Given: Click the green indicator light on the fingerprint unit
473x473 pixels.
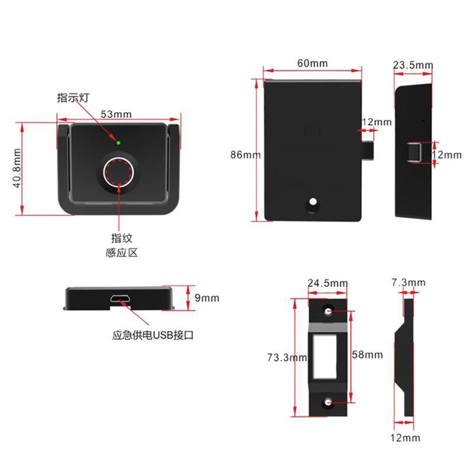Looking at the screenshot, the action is tap(118, 142).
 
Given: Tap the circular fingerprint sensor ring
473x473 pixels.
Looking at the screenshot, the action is tap(103, 173).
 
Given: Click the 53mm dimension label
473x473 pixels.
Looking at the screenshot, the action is tap(116, 114).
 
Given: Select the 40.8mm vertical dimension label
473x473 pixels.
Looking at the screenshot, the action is tap(17, 168).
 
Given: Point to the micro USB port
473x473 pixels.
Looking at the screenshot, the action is tap(120, 299).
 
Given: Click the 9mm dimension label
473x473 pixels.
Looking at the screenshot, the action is tap(207, 298).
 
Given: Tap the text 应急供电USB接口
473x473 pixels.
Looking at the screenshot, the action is tap(153, 335).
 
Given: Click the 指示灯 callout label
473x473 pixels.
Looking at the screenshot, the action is tap(73, 98).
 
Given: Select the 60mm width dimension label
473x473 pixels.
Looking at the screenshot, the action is tap(312, 63).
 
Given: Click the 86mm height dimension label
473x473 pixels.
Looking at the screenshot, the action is tap(245, 155).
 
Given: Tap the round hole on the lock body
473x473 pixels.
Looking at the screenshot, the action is tap(313, 202).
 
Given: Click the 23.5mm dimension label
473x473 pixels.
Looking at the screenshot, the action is tap(413, 65).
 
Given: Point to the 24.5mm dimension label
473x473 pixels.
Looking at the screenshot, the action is tap(328, 283).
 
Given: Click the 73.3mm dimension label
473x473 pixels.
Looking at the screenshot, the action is tap(287, 358).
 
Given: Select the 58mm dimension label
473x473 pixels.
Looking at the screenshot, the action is tap(367, 354).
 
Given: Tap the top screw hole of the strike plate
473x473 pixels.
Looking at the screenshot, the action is tap(328, 311).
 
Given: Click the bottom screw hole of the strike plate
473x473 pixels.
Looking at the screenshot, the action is tap(328, 402).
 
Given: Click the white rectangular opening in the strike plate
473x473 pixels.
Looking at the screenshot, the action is tap(325, 357).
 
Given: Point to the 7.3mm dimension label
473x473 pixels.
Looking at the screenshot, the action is tap(409, 283).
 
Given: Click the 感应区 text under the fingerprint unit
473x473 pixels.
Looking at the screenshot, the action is tap(122, 252).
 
